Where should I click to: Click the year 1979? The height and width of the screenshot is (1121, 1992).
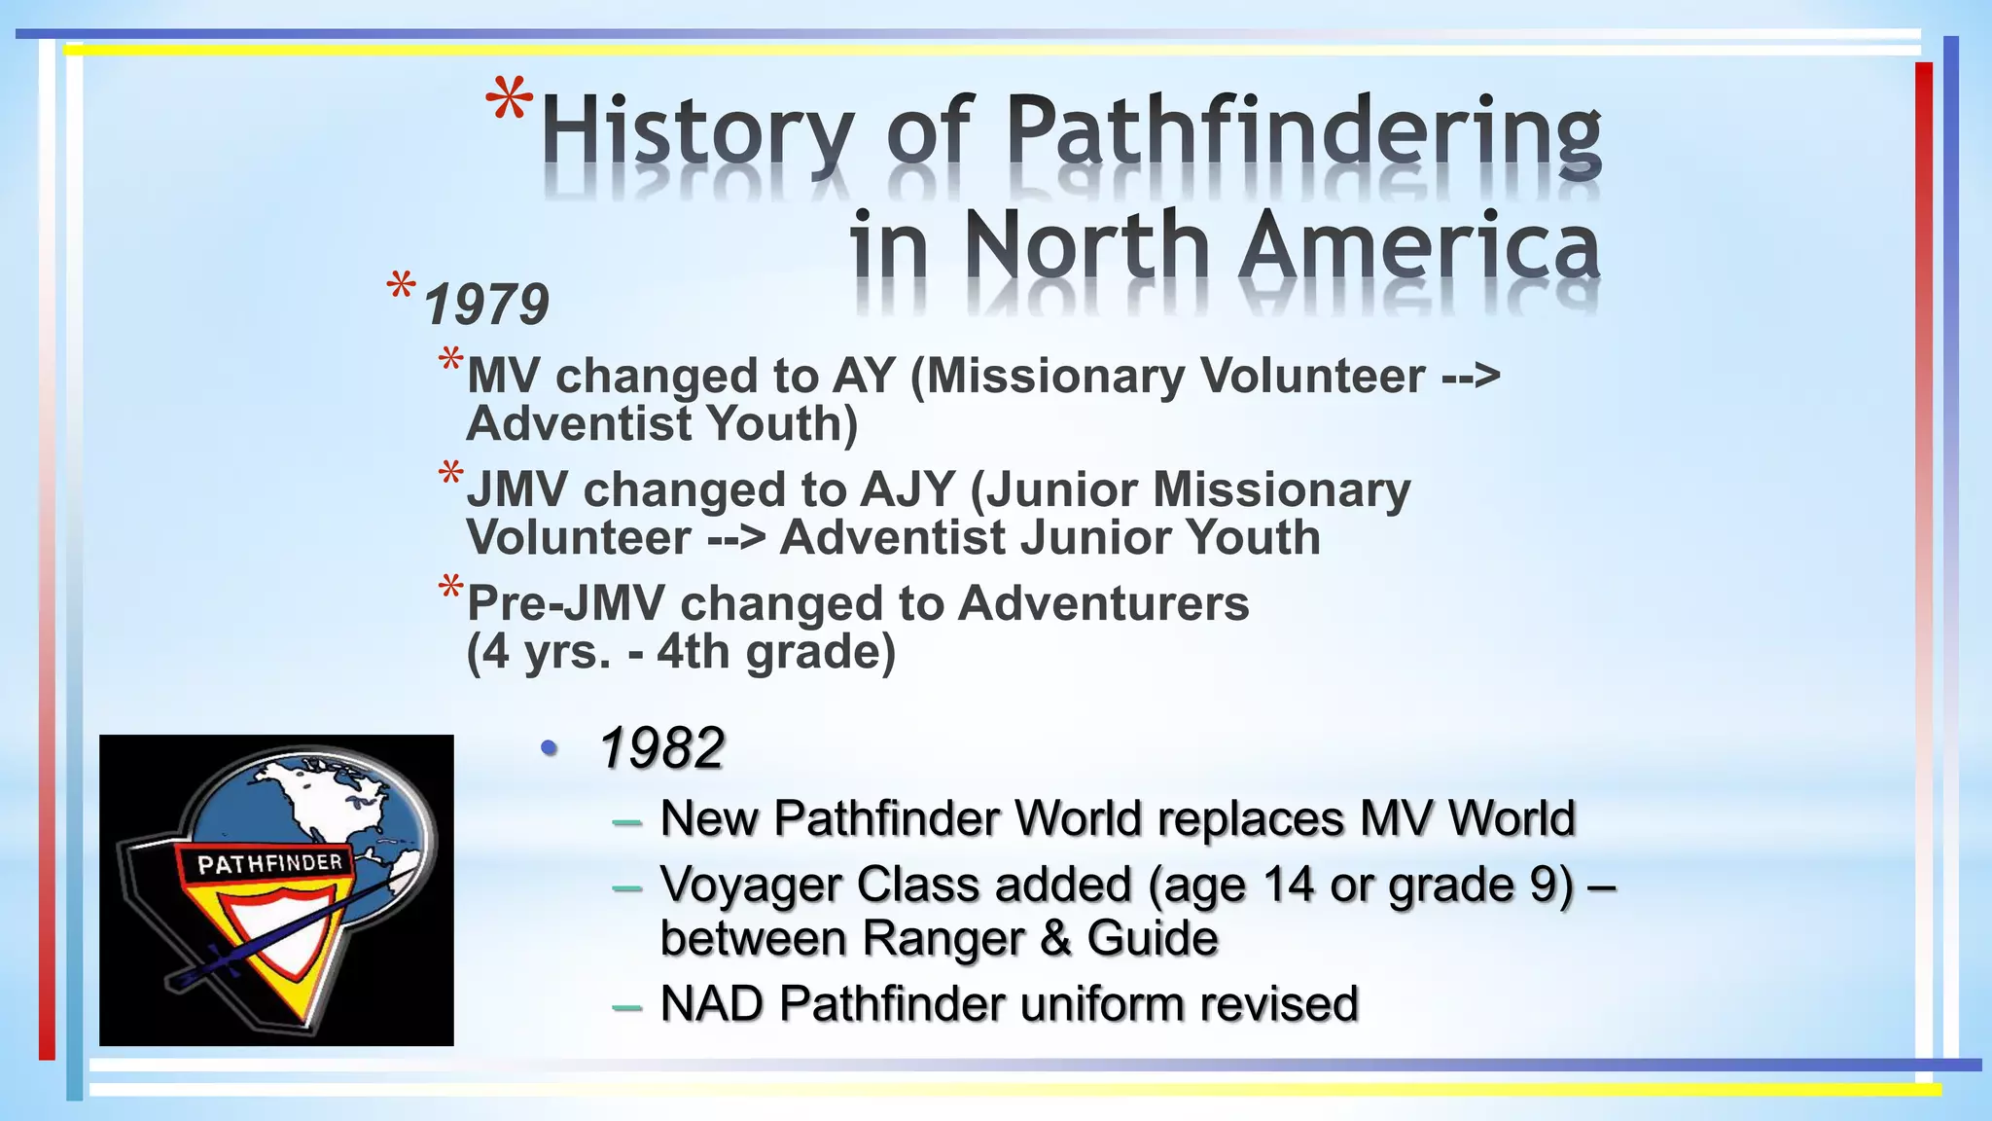tap(486, 305)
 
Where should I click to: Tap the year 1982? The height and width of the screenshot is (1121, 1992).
tap(661, 748)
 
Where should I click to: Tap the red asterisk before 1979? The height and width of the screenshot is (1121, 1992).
tap(401, 289)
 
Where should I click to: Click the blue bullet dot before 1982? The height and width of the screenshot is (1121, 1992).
tap(550, 747)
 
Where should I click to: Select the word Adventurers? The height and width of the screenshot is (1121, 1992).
tap(1103, 603)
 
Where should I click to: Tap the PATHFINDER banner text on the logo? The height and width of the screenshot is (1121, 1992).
tap(269, 863)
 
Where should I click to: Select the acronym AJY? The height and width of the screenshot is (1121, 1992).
tap(906, 489)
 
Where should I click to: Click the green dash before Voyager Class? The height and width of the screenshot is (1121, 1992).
tap(627, 887)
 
